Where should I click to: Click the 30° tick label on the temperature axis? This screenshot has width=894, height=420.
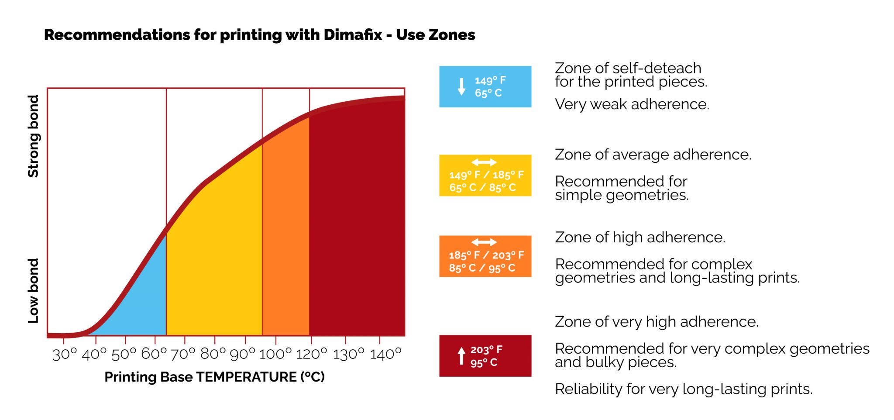[x=65, y=354]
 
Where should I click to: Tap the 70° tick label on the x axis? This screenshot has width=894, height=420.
[x=183, y=354]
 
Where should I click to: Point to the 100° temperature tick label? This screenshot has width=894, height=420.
[x=275, y=354]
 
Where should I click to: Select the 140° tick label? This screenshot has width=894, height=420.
[x=386, y=354]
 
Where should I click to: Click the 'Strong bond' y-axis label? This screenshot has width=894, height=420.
[x=34, y=136]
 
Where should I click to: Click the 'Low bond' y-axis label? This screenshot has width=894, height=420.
[x=34, y=291]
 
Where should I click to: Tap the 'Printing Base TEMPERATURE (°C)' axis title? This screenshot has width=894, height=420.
[x=215, y=377]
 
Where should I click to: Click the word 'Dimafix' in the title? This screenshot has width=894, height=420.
[x=353, y=34]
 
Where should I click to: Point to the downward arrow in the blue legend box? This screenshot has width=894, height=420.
[x=461, y=86]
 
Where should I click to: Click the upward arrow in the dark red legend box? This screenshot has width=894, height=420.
[x=461, y=356]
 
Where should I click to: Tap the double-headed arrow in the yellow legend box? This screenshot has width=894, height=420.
[x=484, y=162]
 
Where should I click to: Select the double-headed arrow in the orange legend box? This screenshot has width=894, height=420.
[x=484, y=242]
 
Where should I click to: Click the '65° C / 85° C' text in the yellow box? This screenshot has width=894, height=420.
[x=483, y=188]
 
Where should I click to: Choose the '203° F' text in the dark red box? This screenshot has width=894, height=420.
[x=486, y=350]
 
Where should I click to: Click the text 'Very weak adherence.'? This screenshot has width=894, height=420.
[x=632, y=104]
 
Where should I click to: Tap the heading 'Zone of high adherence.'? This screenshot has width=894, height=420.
[x=640, y=238]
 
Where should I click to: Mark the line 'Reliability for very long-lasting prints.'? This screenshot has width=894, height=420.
[x=684, y=389]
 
